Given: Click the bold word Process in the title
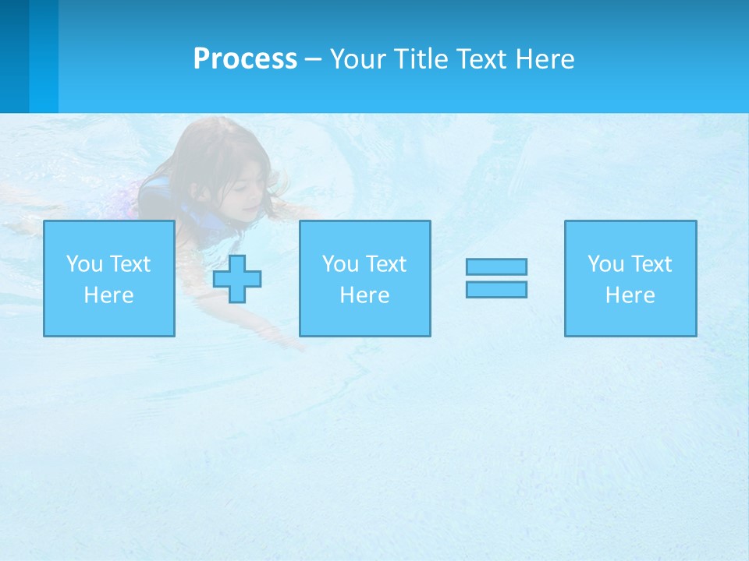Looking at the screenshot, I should tap(245, 59).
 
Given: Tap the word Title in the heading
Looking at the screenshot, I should tap(417, 59).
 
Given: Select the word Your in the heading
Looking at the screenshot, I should tap(356, 59).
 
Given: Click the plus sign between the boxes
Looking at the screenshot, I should tap(237, 279).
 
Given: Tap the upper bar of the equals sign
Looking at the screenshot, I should tap(496, 266).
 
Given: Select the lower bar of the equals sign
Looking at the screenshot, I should tap(496, 289).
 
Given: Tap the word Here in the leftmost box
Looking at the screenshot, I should tap(109, 295).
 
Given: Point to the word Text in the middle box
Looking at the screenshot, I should tap(385, 264).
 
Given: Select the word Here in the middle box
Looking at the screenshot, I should tap(365, 295).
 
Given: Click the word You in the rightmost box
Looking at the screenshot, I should tap(606, 264).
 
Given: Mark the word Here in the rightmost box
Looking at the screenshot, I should tap(630, 295).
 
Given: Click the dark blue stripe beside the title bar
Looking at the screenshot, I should tap(14, 56).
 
